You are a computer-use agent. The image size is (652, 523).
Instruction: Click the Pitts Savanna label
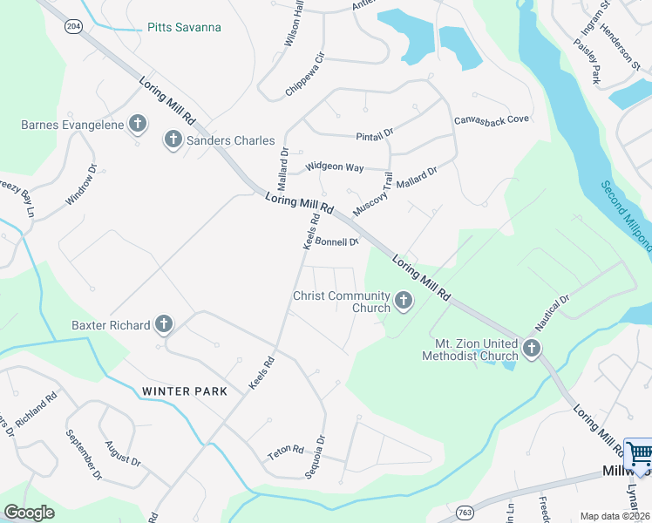pos(183,27)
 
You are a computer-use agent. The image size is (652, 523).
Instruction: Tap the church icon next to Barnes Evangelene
pos(137,125)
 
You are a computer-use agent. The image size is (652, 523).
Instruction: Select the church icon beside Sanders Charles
pos(173,139)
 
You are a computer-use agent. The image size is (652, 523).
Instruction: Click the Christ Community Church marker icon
pos(403,301)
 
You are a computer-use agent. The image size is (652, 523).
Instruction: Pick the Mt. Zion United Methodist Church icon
pos(531,350)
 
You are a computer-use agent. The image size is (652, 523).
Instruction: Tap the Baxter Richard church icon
pos(163,325)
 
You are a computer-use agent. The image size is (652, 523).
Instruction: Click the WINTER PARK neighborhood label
pos(185,391)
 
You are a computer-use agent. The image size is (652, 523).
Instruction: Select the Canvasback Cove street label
pos(492,119)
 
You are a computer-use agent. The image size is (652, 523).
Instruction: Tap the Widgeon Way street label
pos(333,166)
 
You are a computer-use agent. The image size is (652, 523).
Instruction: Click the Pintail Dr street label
pos(375,136)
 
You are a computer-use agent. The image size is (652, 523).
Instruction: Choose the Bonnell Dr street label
pos(337,242)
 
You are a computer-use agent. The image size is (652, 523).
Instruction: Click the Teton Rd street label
pos(285,452)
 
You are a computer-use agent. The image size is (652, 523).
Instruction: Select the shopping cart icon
pos(641,454)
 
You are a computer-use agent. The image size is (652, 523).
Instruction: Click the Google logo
pos(30,513)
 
